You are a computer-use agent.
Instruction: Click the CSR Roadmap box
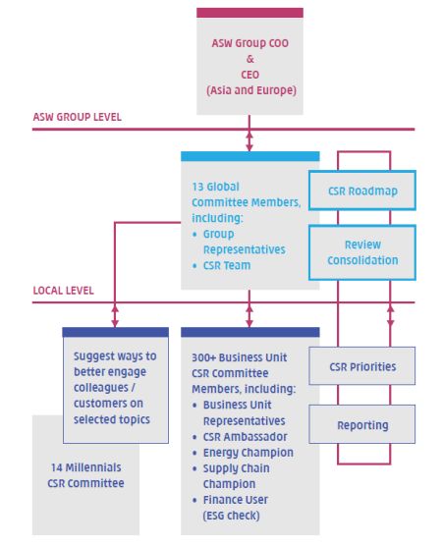point(362,191)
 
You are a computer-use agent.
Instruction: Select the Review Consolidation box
point(362,252)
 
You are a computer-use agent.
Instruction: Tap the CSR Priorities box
point(362,365)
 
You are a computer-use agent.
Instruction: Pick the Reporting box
point(362,424)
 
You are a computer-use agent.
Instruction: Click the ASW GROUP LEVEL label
point(78,117)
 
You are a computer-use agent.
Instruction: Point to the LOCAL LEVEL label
point(64,291)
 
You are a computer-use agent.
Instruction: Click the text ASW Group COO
point(250,43)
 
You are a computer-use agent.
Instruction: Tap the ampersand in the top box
point(250,59)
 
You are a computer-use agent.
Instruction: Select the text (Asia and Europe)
point(251,90)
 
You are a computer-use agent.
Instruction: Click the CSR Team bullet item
point(222,265)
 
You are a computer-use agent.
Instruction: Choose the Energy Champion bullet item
point(243,453)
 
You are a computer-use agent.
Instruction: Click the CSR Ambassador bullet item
point(240,437)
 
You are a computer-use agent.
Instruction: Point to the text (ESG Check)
point(231,516)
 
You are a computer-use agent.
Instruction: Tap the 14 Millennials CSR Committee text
point(85,475)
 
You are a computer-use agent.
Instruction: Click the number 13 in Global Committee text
point(197,187)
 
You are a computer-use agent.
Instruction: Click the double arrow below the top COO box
point(249,141)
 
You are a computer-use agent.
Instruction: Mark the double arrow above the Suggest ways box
point(115,316)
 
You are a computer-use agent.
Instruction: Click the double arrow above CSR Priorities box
point(390,316)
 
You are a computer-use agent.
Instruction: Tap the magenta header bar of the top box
point(249,13)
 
